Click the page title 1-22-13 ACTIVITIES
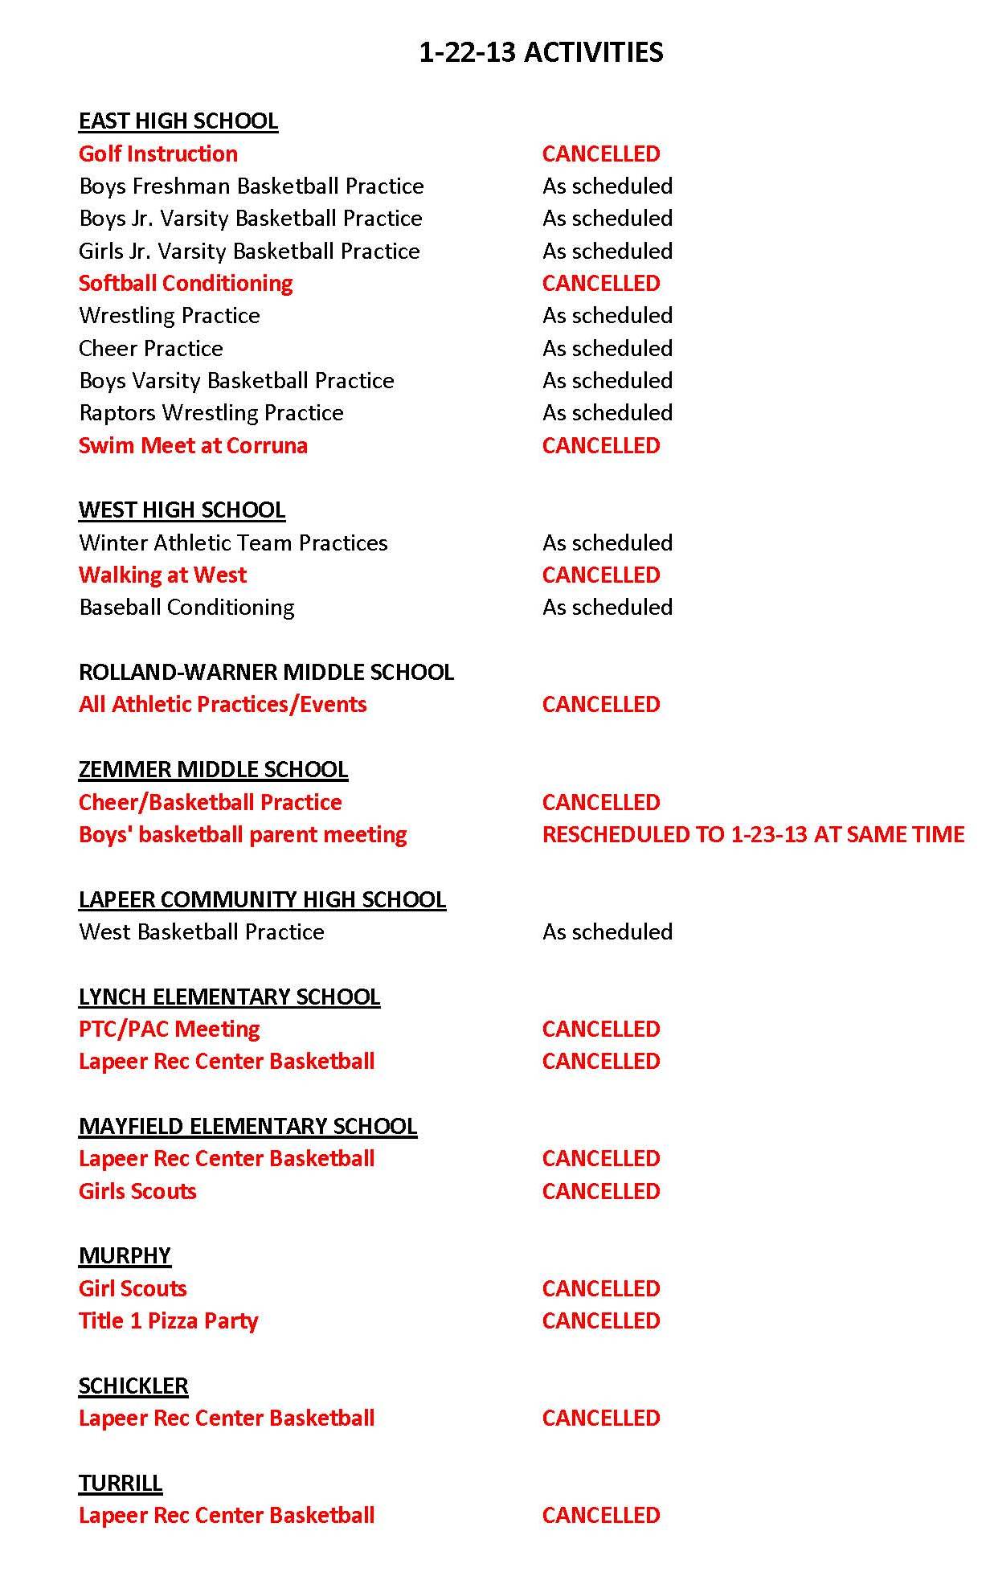tap(541, 52)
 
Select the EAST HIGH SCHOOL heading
tap(178, 121)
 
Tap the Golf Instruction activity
tap(158, 154)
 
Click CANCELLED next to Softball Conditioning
tap(600, 283)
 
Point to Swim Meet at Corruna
tap(193, 445)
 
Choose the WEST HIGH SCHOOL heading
tap(182, 510)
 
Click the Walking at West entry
tap(162, 575)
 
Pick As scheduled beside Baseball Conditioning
tap(607, 607)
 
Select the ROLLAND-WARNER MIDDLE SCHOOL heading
tap(266, 672)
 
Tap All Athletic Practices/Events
tap(223, 704)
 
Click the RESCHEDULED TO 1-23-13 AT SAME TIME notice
tap(753, 834)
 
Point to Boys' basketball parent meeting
tap(243, 834)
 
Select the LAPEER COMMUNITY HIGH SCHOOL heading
tap(262, 899)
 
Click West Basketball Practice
tap(202, 931)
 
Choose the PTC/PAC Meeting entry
tap(169, 1029)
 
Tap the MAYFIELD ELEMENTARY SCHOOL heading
tap(248, 1126)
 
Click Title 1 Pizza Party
tap(168, 1320)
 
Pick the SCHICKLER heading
tap(133, 1386)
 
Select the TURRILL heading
tap(121, 1483)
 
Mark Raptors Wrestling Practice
tap(211, 412)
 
